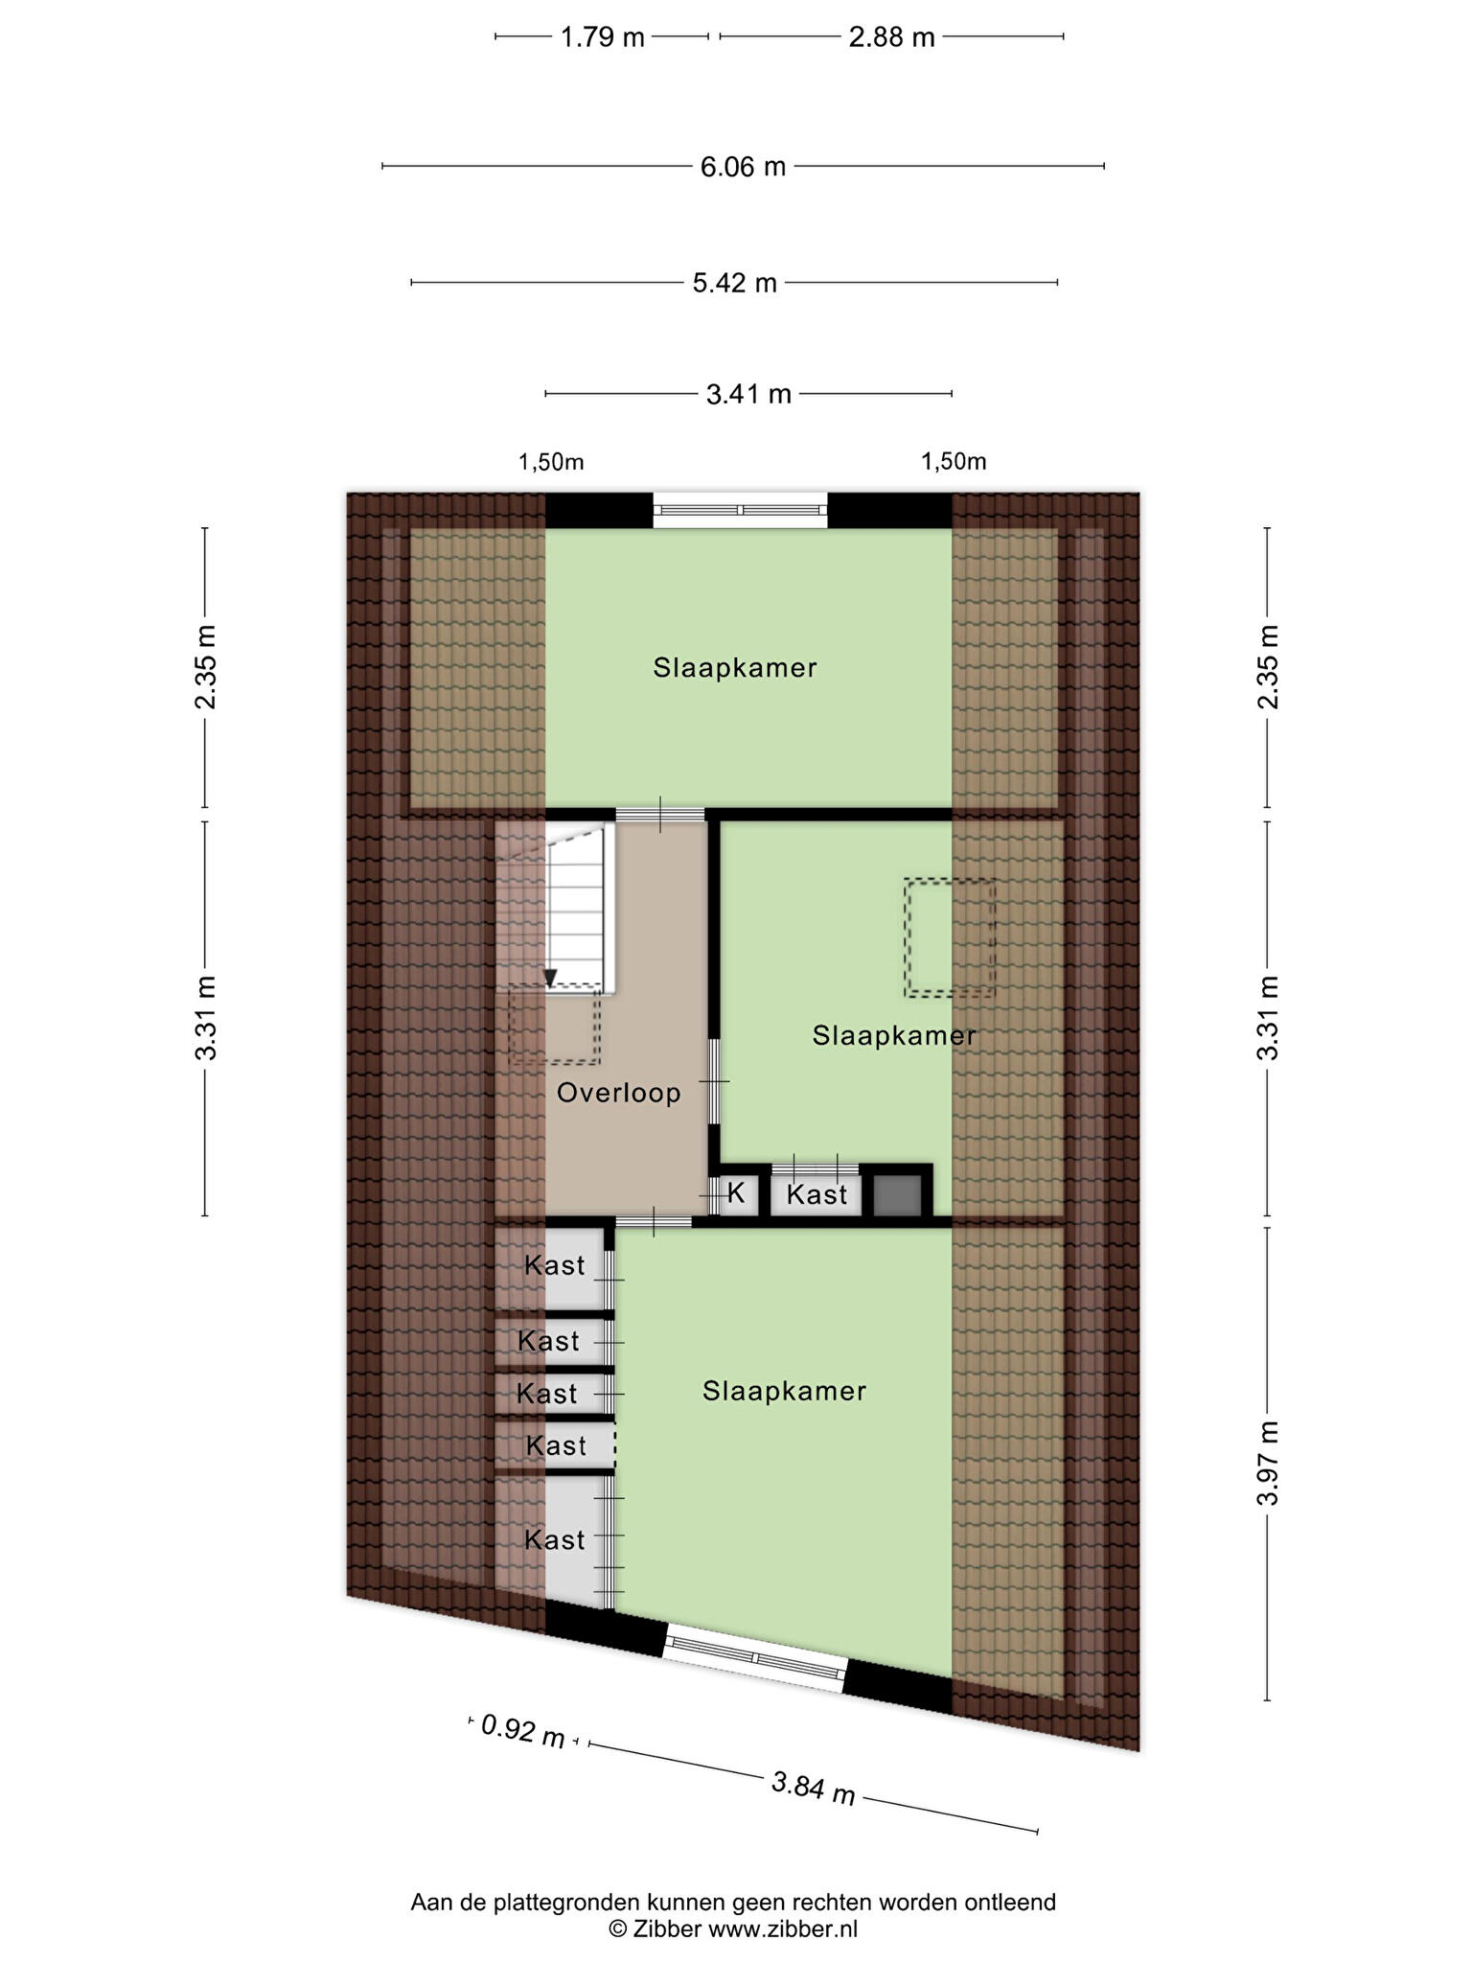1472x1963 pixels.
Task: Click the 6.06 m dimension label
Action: click(x=743, y=167)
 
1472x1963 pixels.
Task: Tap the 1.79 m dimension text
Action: click(x=602, y=37)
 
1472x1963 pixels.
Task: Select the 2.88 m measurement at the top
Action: click(x=891, y=37)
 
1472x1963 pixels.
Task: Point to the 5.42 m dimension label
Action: click(x=735, y=283)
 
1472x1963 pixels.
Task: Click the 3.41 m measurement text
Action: click(x=748, y=394)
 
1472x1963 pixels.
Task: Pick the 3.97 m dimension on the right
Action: click(x=1269, y=1464)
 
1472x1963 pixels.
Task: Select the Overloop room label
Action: click(x=619, y=1093)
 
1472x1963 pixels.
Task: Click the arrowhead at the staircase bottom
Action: click(x=550, y=979)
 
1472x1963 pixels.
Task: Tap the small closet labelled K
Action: click(x=737, y=1193)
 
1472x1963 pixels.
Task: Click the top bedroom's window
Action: click(x=741, y=510)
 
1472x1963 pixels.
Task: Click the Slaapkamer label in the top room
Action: click(x=735, y=668)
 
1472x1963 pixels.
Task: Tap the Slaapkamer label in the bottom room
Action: click(x=784, y=1392)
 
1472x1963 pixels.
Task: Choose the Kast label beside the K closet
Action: click(x=817, y=1194)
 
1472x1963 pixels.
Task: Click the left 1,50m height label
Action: click(x=551, y=462)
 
